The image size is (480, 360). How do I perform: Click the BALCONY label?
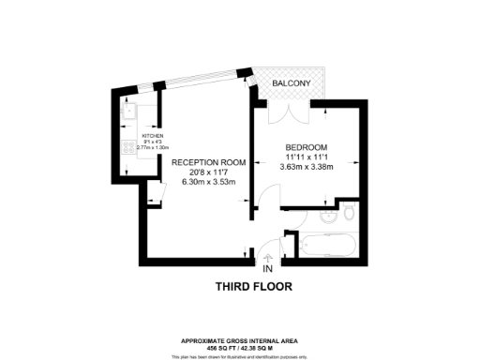tap(291, 84)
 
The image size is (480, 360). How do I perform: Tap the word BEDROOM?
tap(307, 148)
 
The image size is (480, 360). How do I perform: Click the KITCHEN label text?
tap(153, 135)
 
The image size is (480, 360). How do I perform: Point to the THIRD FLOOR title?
tap(256, 286)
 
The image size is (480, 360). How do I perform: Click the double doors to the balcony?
tap(281, 113)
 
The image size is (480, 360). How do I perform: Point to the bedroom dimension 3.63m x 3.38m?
tap(307, 168)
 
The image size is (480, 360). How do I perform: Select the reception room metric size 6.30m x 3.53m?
tap(208, 182)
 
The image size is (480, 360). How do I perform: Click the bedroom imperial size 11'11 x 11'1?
tap(307, 158)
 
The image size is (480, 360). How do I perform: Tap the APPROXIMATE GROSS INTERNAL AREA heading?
tap(240, 341)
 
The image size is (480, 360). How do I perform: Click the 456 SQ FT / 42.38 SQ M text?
tap(240, 348)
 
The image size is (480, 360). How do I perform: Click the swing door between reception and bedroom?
tap(266, 201)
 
